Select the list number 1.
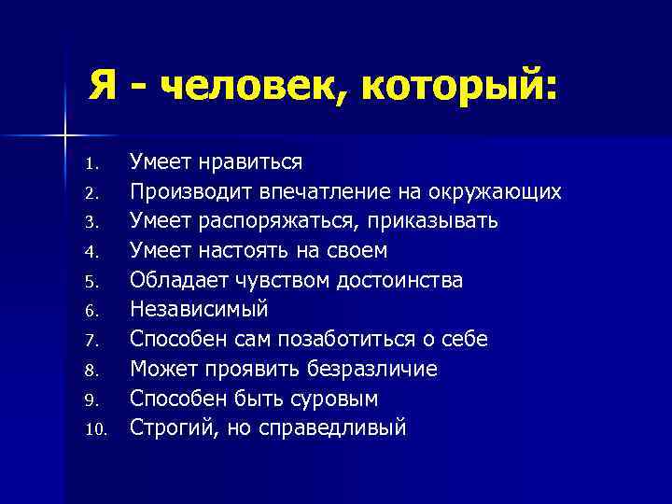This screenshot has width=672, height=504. point(91,164)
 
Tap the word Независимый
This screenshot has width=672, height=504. point(199,310)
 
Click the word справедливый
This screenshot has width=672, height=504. point(342,428)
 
